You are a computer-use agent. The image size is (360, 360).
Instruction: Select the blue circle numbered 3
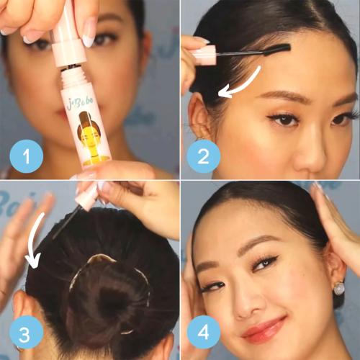25,333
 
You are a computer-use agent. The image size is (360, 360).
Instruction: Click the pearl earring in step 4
338,288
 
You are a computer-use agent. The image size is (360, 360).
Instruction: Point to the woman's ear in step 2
202,115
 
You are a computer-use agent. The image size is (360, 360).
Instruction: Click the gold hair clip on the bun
101,258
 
